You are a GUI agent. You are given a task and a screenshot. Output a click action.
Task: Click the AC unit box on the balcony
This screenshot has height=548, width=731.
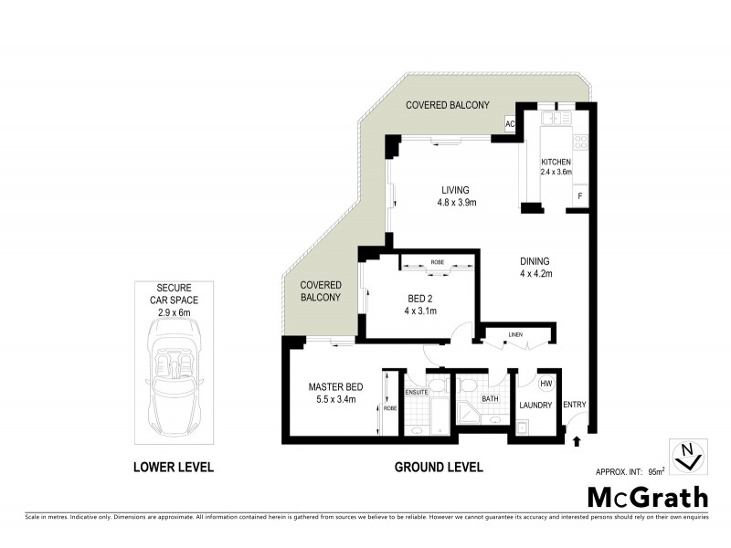510,124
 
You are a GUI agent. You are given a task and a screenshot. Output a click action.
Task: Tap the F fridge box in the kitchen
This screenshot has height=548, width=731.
578,196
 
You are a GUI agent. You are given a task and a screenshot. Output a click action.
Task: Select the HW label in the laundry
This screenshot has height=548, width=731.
546,384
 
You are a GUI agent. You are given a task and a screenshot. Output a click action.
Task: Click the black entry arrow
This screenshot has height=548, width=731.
576,441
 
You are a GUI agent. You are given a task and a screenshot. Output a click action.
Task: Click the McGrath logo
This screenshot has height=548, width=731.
646,498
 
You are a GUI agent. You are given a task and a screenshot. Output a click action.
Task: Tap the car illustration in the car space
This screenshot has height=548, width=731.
173,378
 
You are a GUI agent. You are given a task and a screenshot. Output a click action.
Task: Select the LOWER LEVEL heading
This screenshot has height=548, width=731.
174,468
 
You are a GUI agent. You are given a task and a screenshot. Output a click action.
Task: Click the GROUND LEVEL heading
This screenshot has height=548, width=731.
438,468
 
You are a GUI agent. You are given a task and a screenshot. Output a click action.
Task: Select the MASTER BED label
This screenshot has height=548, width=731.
336,386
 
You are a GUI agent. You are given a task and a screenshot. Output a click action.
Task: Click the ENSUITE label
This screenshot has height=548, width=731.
418,392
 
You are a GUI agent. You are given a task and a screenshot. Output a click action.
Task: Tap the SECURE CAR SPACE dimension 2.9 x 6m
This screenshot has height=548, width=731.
172,312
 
